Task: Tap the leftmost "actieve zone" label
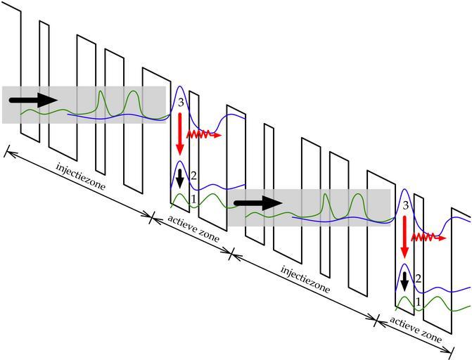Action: click(193, 229)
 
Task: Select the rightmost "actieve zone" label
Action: click(416, 330)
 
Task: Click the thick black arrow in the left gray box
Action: click(34, 99)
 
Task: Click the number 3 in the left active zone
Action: click(181, 104)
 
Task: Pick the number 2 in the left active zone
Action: click(193, 174)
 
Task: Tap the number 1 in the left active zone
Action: click(193, 199)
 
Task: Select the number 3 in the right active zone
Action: click(405, 205)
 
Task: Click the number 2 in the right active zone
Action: click(418, 278)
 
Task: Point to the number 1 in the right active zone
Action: click(419, 302)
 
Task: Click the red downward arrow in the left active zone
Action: click(180, 134)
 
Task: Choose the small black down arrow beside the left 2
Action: click(180, 178)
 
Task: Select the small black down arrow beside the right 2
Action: click(404, 281)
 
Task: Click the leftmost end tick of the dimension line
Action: click(6, 150)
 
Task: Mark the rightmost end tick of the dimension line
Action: click(452, 351)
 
